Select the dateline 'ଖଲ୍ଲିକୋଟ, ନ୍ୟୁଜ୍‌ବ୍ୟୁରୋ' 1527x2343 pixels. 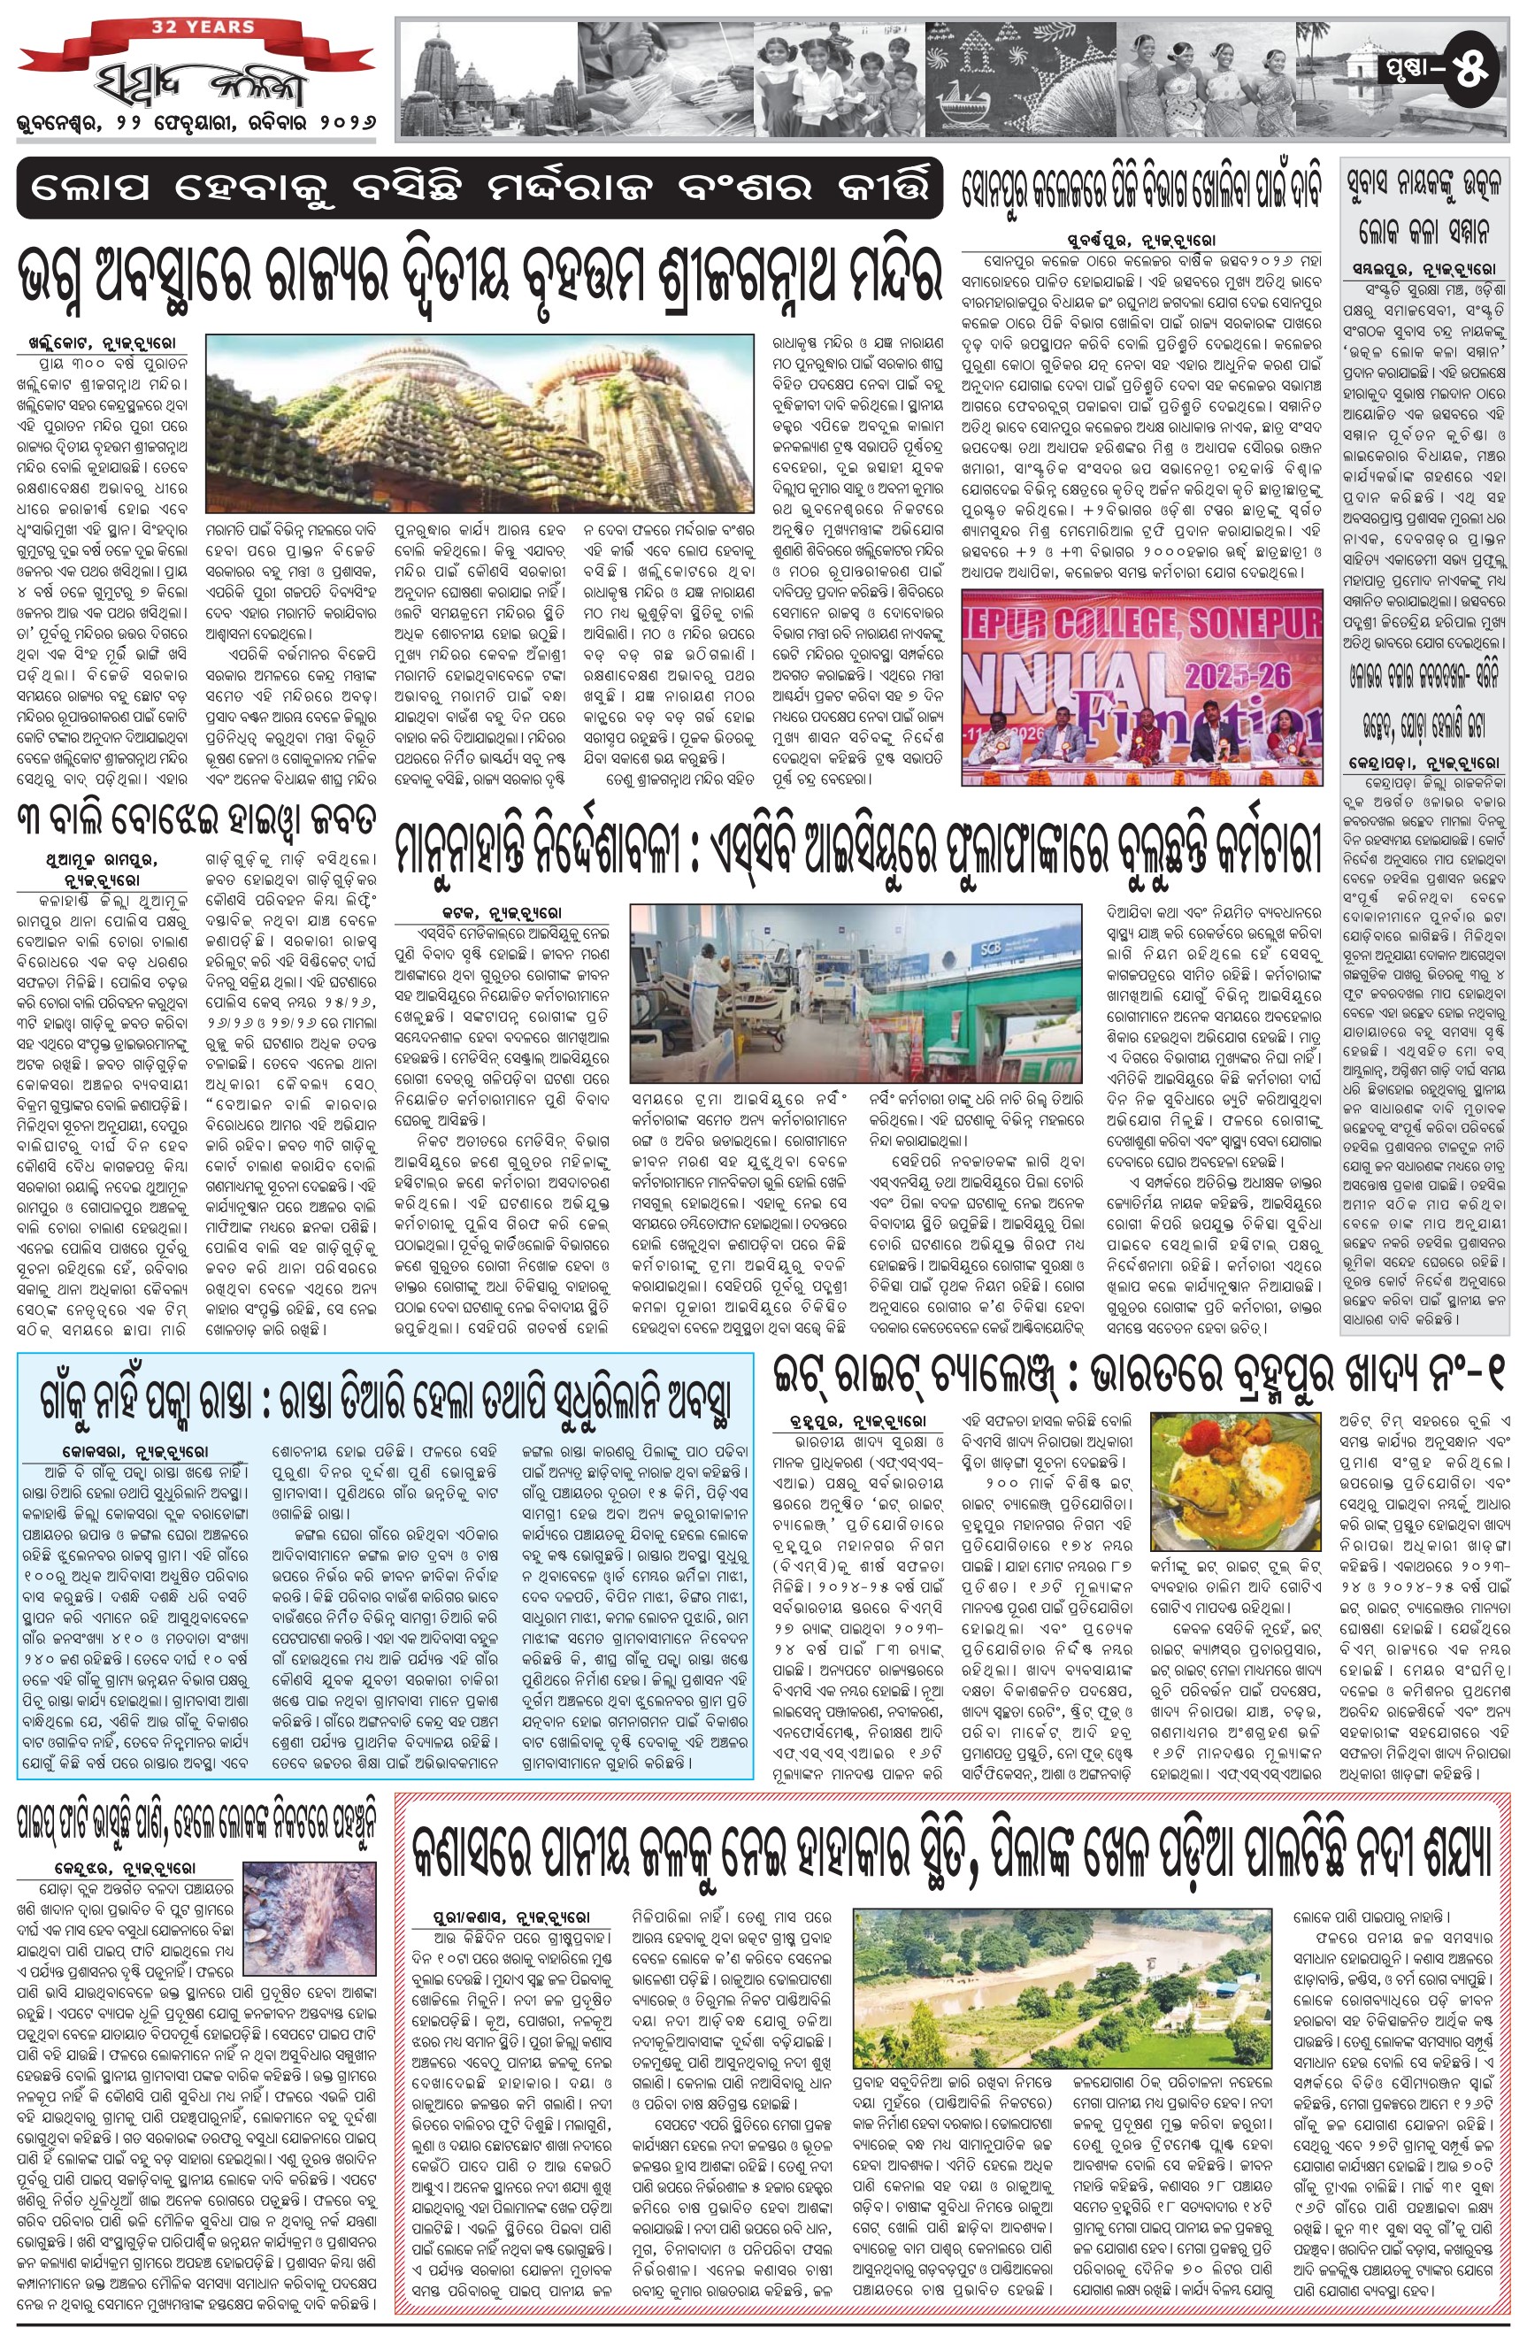[x=102, y=344]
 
